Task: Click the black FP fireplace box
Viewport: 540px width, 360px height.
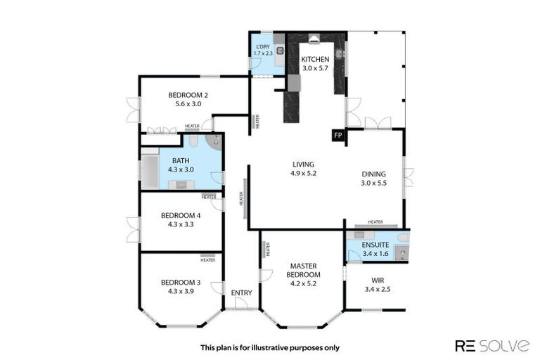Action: pos(338,135)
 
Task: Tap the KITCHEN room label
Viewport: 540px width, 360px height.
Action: pos(316,60)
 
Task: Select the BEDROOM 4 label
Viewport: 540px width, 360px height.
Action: pos(181,216)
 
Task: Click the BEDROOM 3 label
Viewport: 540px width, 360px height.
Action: pos(181,282)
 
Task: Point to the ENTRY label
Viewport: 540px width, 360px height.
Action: pos(241,293)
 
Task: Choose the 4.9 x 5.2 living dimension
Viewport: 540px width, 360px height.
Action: pos(304,173)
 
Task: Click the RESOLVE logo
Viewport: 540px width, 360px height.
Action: pos(492,345)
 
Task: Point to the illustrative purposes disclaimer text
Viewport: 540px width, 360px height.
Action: pos(269,347)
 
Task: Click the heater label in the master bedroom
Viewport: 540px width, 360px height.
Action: pos(267,249)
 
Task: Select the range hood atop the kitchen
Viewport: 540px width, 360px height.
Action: pos(314,39)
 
